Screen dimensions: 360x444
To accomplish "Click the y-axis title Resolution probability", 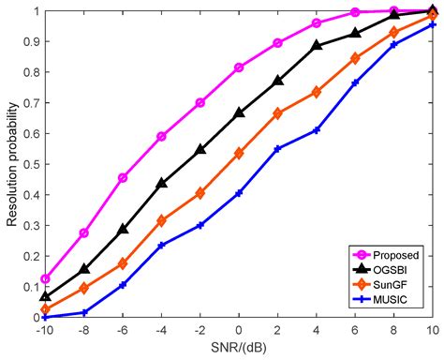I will coord(11,164).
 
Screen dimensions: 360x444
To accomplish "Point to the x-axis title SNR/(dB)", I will coord(240,349).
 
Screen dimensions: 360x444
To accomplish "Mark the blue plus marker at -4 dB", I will coord(162,245).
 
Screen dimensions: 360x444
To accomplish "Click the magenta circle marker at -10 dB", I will coord(46,278).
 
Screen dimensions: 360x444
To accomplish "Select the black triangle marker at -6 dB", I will coord(123,229).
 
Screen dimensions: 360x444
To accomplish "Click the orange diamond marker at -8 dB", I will coord(84,288).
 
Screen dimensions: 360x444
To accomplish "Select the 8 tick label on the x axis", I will coord(393,331).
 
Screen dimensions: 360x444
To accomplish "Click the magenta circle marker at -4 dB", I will coord(162,137).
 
